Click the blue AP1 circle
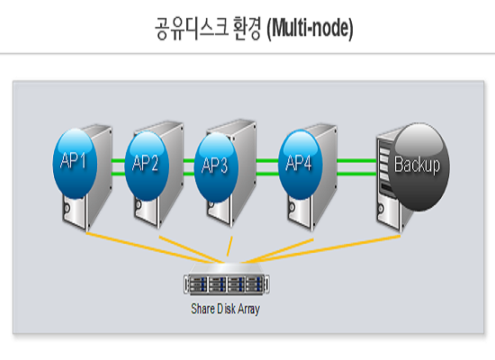[75, 163]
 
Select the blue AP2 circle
[147, 166]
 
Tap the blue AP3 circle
[216, 167]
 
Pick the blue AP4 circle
[301, 165]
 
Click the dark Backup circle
[418, 167]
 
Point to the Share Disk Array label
[225, 309]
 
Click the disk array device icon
[227, 279]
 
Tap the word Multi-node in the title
[310, 29]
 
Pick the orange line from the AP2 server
[191, 249]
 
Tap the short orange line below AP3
[229, 247]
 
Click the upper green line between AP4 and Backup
[356, 161]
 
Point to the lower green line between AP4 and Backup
[356, 174]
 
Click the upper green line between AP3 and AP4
[267, 161]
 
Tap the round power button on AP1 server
[67, 208]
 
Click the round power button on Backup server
[381, 209]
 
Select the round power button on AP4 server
[292, 208]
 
